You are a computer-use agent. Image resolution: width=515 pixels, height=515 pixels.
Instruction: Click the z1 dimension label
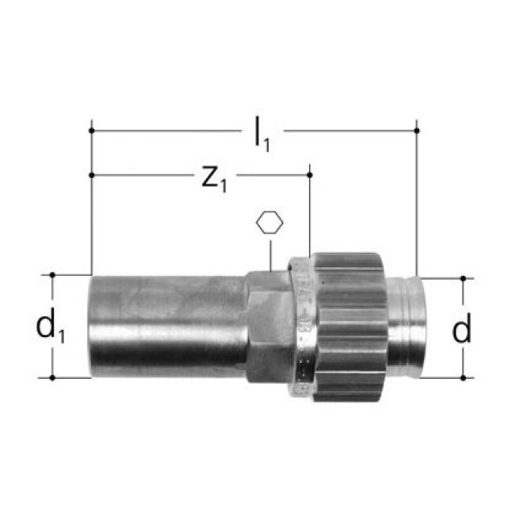(213, 178)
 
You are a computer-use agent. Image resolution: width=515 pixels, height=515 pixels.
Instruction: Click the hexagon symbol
(270, 223)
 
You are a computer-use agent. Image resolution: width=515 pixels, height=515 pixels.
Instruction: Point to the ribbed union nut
(351, 327)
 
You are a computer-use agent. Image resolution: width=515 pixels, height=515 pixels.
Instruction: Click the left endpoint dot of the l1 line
(92, 130)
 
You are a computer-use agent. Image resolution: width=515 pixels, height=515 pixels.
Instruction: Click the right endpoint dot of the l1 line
(417, 130)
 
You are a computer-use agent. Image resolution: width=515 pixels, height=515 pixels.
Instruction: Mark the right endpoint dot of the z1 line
(310, 174)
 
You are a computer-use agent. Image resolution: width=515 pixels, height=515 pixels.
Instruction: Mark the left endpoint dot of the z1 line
(92, 174)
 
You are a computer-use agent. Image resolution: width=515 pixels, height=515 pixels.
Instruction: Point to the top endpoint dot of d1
(53, 274)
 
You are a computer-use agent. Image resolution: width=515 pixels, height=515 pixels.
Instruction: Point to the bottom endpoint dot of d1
(53, 377)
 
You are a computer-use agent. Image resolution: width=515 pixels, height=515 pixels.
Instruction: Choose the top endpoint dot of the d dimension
(463, 278)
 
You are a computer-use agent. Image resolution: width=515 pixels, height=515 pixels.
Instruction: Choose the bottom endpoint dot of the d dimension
(463, 377)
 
